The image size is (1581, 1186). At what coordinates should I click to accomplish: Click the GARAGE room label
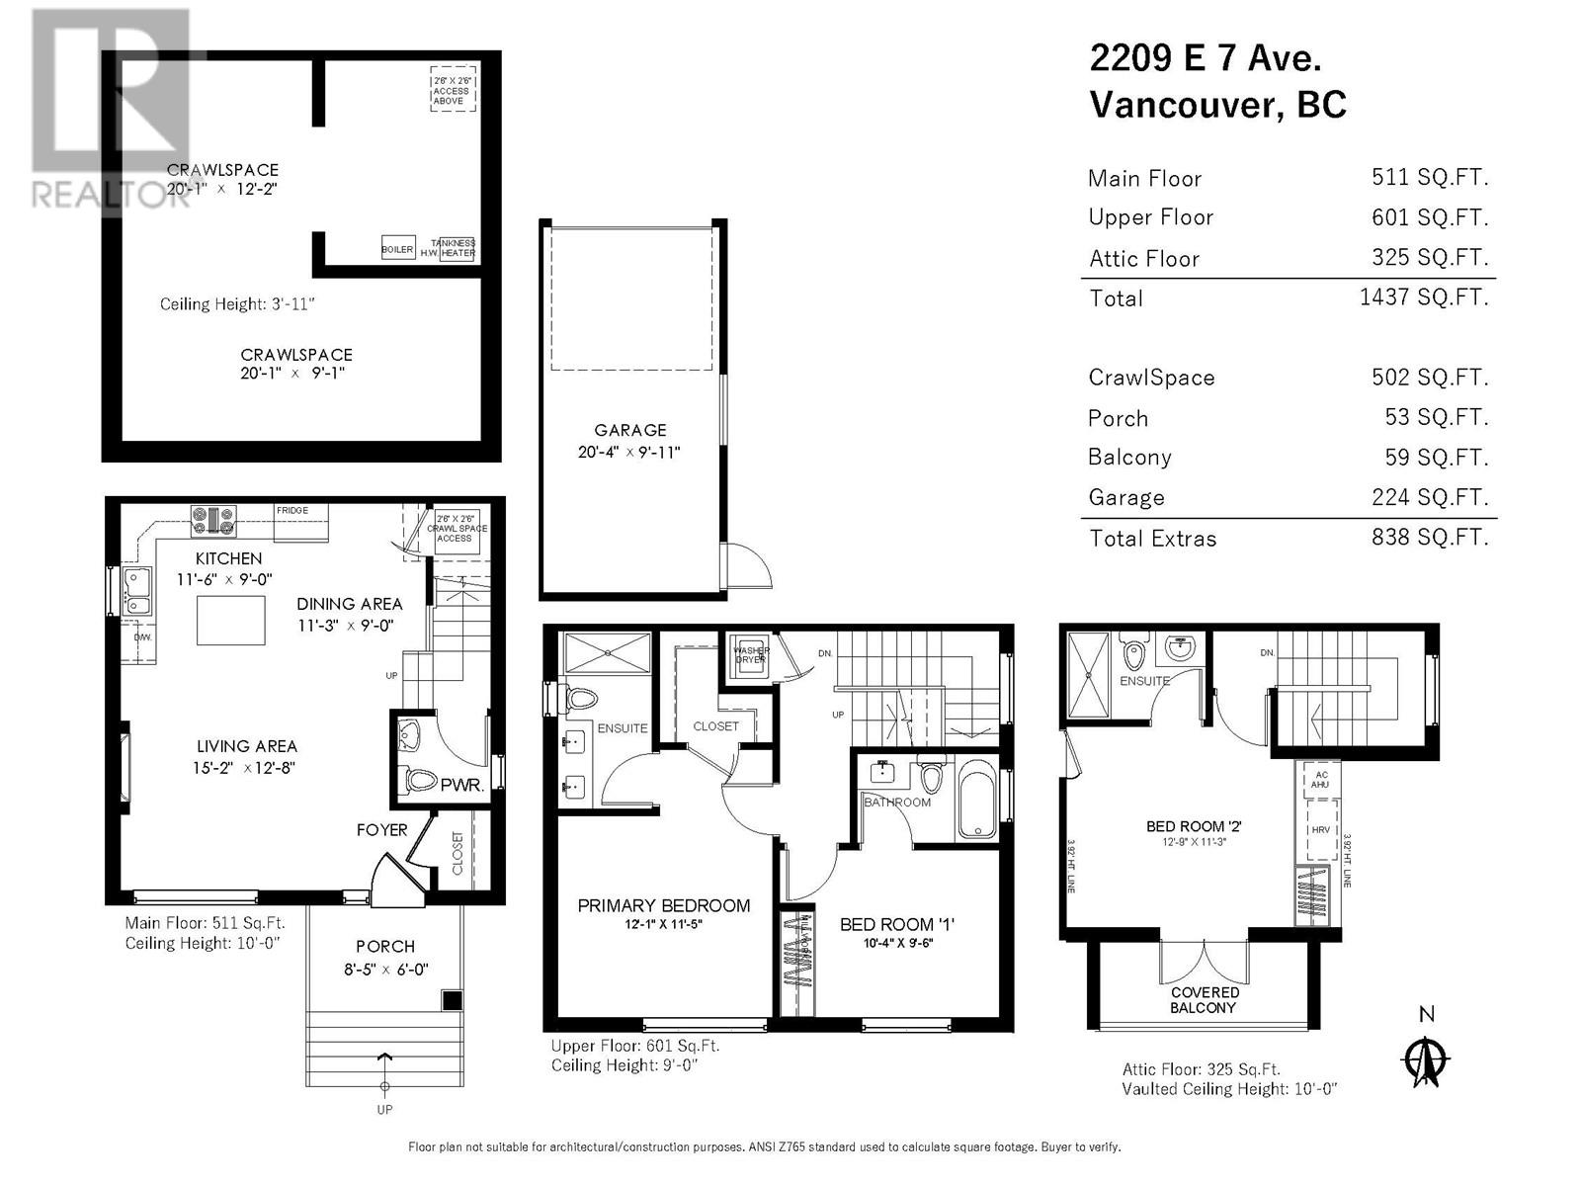[x=629, y=430]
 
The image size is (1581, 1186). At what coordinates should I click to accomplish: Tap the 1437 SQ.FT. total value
[x=1423, y=296]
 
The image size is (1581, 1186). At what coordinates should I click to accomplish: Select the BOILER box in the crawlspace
[x=397, y=249]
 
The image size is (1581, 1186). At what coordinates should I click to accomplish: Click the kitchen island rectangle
[x=231, y=620]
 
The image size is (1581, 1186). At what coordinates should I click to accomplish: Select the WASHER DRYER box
[x=750, y=655]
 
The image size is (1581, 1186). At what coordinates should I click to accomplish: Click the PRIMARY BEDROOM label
[x=663, y=905]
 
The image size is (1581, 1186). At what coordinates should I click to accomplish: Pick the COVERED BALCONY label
[x=1204, y=1000]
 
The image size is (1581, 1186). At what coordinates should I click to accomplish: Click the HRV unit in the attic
[x=1321, y=829]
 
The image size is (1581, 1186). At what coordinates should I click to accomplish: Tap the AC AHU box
[x=1320, y=779]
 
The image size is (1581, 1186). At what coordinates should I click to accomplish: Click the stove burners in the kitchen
[x=213, y=516]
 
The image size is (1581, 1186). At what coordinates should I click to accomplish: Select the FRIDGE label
[x=292, y=511]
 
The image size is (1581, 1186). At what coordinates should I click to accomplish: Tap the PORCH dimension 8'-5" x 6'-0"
[x=385, y=970]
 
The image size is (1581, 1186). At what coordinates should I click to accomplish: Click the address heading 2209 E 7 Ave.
[x=1206, y=58]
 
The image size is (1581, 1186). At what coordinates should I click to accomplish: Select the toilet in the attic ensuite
[x=1133, y=654]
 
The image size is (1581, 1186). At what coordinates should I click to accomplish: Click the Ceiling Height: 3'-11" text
[x=237, y=304]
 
